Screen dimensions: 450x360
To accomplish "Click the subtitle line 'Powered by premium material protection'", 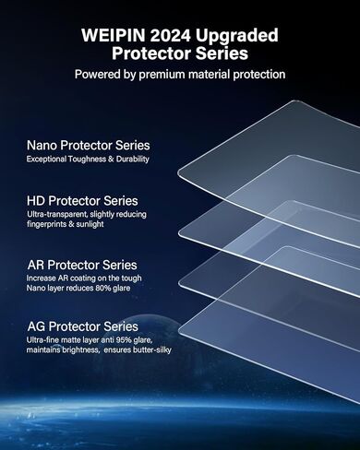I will point(180,74).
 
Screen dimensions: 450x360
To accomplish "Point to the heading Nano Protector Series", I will point(88,146).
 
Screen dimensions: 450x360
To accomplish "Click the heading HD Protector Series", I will point(83,201).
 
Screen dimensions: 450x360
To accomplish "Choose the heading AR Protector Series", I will point(82,265).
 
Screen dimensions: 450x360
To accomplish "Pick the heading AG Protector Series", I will point(82,326).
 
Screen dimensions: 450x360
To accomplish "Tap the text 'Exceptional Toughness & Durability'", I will point(88,160).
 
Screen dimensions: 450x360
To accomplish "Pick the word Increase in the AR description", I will point(43,278).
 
